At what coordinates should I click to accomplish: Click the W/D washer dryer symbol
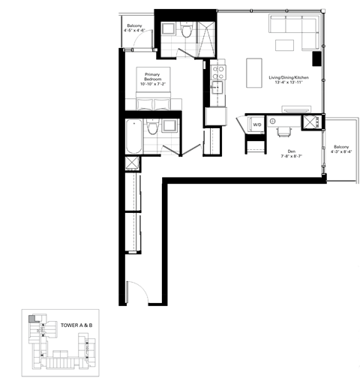[256, 124]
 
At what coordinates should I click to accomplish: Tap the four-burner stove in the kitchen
[217, 72]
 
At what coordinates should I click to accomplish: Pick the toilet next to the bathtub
[152, 127]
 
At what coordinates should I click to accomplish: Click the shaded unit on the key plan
[31, 319]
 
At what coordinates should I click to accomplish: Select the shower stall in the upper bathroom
[204, 32]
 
